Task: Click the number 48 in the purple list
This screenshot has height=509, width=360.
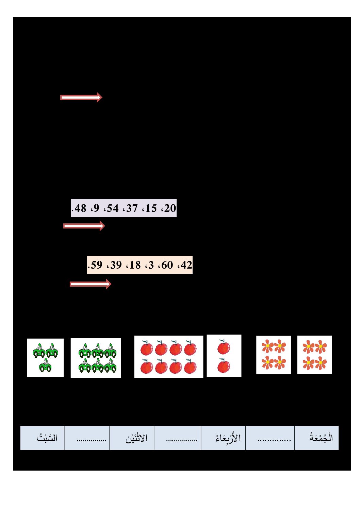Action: (80, 208)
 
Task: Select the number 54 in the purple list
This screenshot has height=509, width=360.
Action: (113, 208)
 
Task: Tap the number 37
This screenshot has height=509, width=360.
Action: (132, 208)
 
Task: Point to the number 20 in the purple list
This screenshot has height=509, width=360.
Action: (170, 208)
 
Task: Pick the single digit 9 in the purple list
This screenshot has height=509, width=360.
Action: (96, 208)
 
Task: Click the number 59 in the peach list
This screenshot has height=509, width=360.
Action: (96, 265)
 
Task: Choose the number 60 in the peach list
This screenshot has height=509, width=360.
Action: (167, 265)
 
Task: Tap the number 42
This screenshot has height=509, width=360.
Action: (186, 265)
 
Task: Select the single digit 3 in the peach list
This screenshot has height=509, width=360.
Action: (151, 265)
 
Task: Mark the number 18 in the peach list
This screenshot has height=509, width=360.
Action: (135, 265)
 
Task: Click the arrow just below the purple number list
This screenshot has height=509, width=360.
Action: (84, 226)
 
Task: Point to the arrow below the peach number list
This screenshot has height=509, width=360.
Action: (91, 284)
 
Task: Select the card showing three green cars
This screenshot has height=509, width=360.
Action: (46, 358)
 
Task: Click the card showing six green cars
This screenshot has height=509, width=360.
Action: (96, 358)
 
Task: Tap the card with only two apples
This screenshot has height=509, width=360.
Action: (224, 356)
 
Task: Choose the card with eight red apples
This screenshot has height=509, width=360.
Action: (169, 357)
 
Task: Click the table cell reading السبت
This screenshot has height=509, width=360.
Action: (43, 438)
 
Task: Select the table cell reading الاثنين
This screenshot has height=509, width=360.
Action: (132, 438)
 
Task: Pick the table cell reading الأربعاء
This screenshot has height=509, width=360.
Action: (223, 438)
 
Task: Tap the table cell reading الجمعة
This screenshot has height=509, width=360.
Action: (316, 438)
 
